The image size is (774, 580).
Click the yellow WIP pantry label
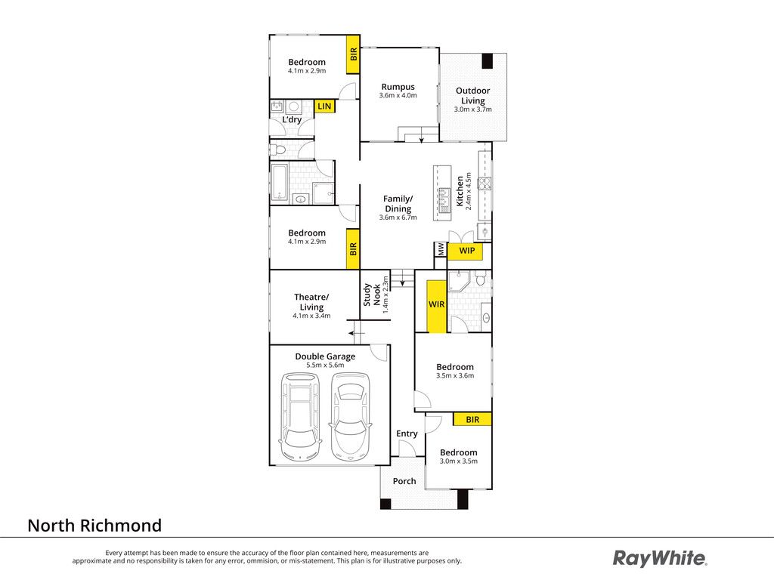(x=465, y=251)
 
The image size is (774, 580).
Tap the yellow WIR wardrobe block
(x=436, y=306)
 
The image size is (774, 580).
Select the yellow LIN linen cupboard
(x=324, y=106)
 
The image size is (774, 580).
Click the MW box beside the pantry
(x=440, y=249)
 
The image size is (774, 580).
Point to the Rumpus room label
(x=398, y=87)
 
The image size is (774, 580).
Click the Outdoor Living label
(x=473, y=95)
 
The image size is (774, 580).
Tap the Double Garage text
(x=325, y=356)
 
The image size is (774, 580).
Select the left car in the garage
(x=299, y=417)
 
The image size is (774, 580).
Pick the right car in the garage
(x=350, y=417)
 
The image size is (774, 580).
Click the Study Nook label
(x=372, y=295)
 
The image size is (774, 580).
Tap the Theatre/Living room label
(x=311, y=302)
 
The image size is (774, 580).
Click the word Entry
(x=407, y=433)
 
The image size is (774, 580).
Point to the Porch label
(x=404, y=481)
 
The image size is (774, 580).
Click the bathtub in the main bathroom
(x=280, y=183)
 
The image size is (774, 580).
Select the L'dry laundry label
(x=292, y=119)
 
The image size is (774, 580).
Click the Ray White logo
(x=659, y=558)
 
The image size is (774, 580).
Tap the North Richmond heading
(x=94, y=526)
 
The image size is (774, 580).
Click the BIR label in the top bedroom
(x=353, y=54)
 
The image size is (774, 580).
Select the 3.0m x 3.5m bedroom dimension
(x=459, y=461)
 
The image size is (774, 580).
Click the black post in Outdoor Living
(x=488, y=60)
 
